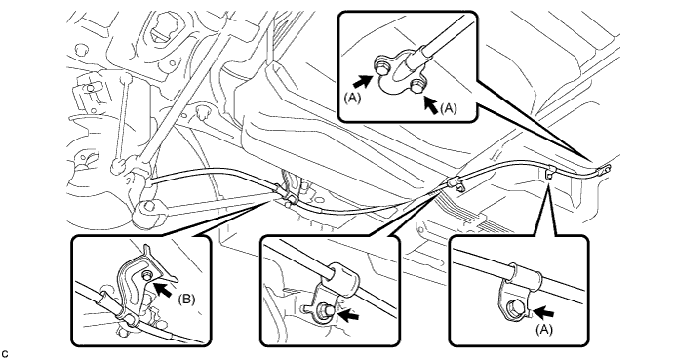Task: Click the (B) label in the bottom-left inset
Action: click(186, 300)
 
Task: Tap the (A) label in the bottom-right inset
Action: click(544, 330)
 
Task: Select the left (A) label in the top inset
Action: click(352, 98)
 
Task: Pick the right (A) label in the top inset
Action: click(448, 109)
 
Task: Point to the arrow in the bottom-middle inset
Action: click(349, 315)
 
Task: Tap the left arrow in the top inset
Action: click(363, 80)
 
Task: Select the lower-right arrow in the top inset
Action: click(431, 105)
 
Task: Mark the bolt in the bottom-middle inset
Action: click(325, 310)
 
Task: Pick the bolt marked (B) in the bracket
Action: click(147, 276)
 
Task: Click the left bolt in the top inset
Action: click(381, 67)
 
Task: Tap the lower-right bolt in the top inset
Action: click(416, 86)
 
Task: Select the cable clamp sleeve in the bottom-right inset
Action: click(525, 276)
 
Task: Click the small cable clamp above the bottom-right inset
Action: click(550, 173)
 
